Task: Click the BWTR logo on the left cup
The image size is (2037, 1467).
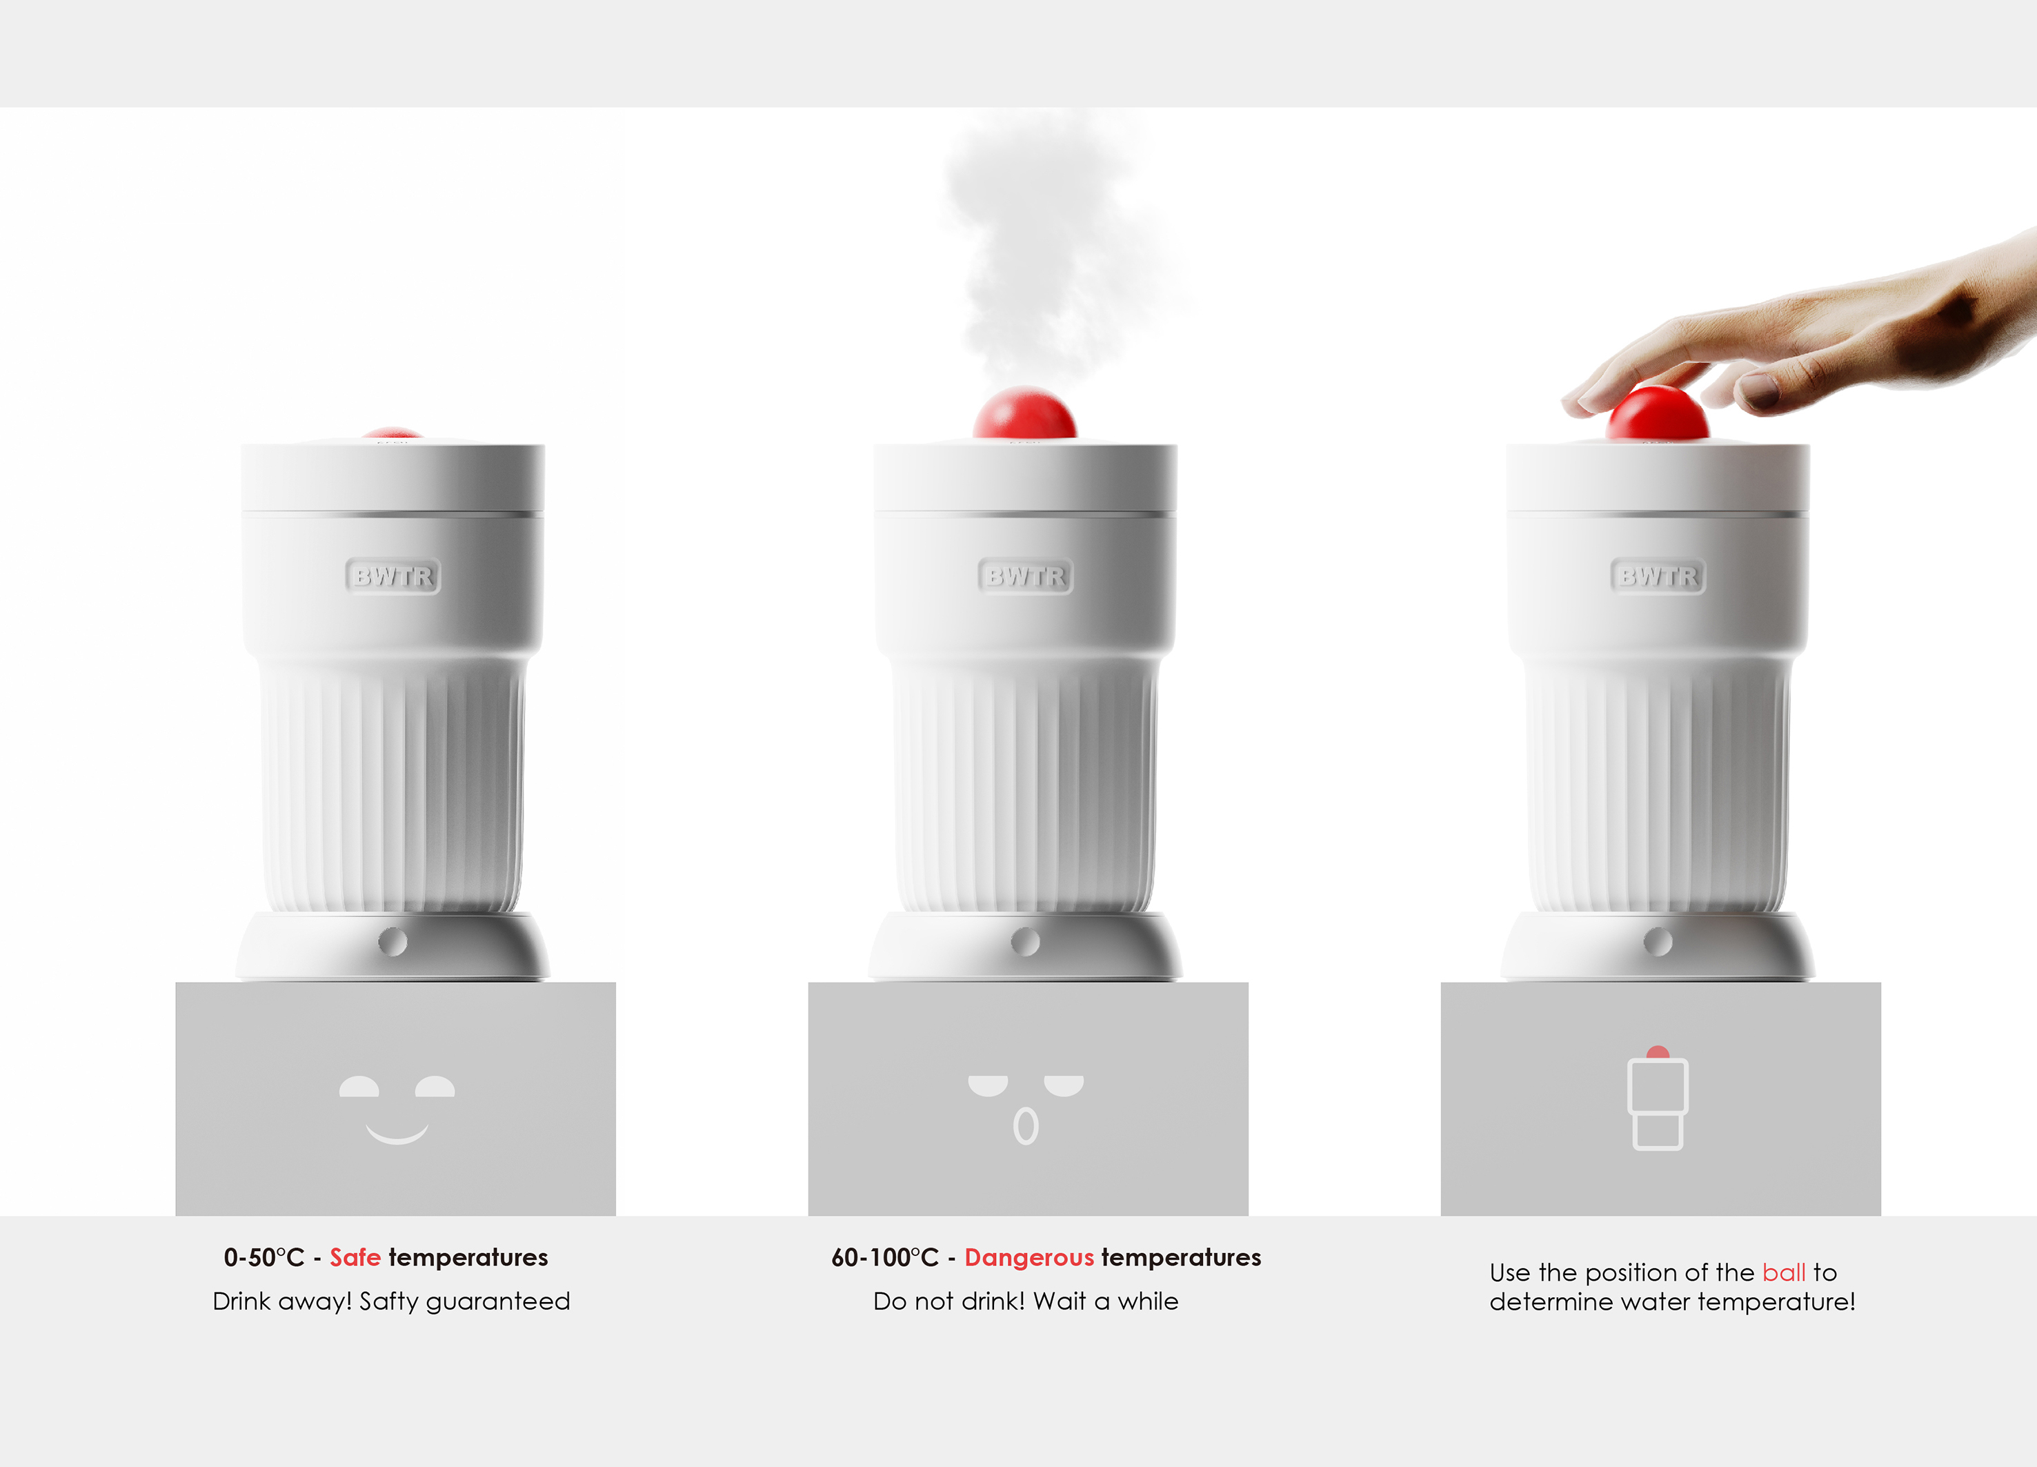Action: pyautogui.click(x=393, y=576)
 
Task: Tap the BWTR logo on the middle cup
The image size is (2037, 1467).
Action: pyautogui.click(x=1025, y=576)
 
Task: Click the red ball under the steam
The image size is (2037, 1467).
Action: pyautogui.click(x=1025, y=413)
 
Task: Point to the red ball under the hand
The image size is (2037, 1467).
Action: pyautogui.click(x=1658, y=413)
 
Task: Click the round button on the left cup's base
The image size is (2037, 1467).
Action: pyautogui.click(x=393, y=941)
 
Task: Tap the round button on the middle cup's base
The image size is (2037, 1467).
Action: pyautogui.click(x=1025, y=941)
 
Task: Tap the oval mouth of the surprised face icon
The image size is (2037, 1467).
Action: pyautogui.click(x=1026, y=1127)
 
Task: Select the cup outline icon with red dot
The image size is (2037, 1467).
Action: pyautogui.click(x=1658, y=1098)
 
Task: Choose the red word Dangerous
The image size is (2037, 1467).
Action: pyautogui.click(x=1029, y=1258)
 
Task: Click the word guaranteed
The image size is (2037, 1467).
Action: pyautogui.click(x=497, y=1301)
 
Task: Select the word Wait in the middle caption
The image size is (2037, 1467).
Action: pyautogui.click(x=1062, y=1301)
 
